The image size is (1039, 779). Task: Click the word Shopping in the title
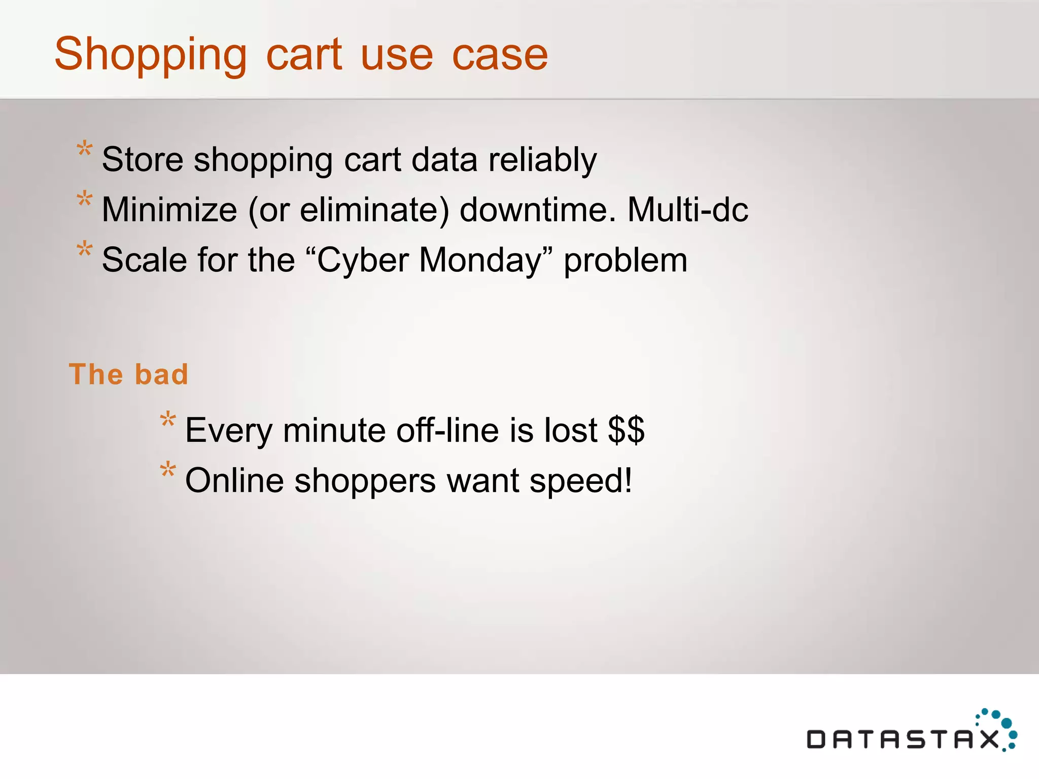151,55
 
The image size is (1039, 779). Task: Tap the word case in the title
500,55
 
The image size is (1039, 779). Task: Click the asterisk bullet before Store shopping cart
85,150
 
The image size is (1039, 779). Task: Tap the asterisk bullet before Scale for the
85,250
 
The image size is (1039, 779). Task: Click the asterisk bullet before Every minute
168,420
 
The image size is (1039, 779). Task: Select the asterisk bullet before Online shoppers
168,470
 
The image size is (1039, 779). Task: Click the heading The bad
128,374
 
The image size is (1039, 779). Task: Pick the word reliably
542,160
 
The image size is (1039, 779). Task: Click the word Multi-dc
687,209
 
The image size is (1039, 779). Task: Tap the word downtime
537,209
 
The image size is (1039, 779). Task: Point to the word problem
626,260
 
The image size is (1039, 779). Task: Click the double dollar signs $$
626,431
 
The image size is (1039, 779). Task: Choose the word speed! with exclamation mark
581,481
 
